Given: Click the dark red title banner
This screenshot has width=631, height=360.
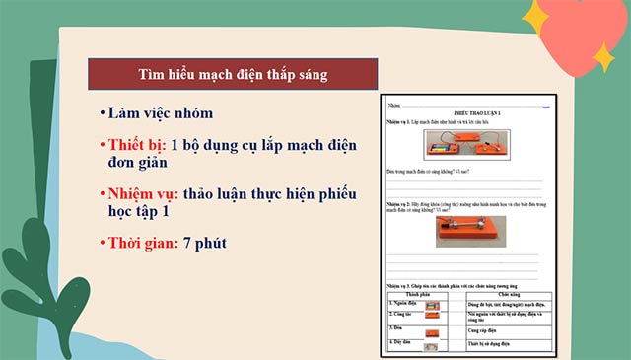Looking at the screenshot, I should click(x=233, y=74).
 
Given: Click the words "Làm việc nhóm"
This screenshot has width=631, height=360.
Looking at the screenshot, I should click(x=162, y=113).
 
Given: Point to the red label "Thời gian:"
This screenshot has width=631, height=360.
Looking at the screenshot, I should click(x=144, y=242).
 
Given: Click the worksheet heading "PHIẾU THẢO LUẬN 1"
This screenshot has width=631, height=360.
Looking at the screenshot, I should click(x=463, y=114).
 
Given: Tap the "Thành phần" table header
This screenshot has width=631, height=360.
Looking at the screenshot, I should click(x=417, y=294).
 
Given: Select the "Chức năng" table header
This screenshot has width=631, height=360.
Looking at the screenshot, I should click(x=508, y=294).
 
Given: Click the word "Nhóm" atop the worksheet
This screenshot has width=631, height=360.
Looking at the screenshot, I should click(x=393, y=104).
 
